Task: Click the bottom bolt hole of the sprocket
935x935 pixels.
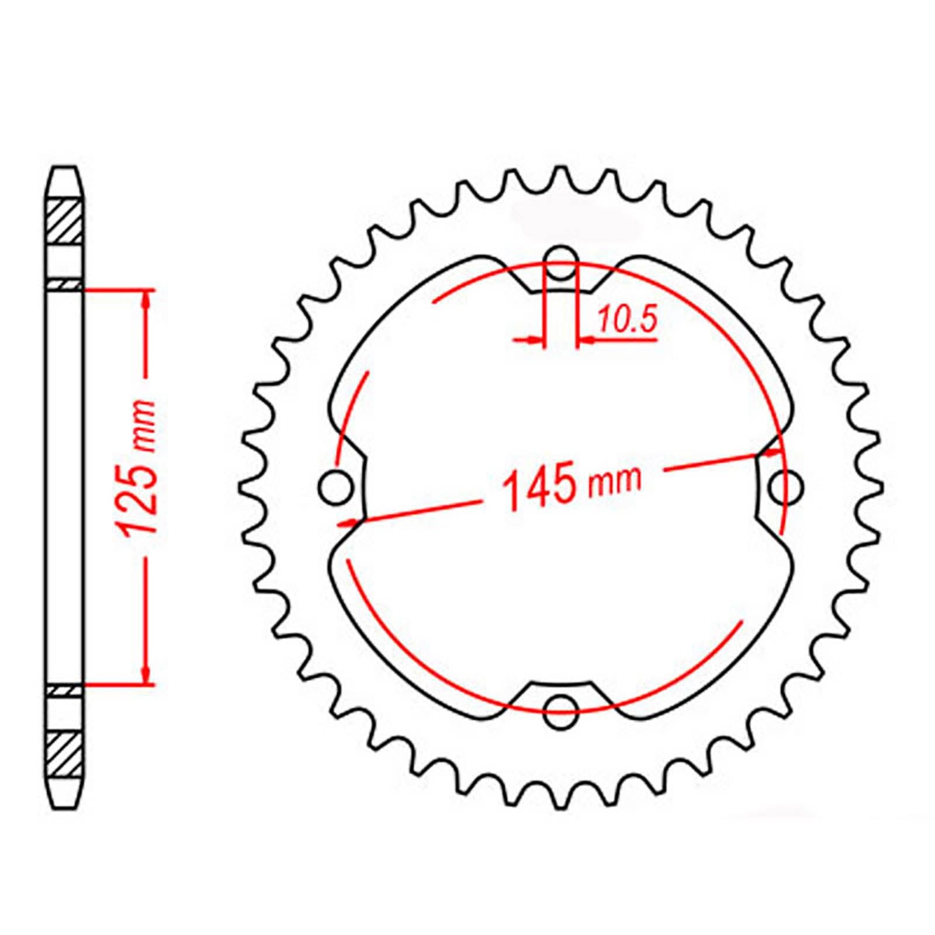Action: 560,711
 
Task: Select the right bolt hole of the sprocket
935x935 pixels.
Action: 786,486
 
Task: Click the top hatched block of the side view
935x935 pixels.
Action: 64,221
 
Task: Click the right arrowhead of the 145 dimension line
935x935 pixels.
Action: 773,452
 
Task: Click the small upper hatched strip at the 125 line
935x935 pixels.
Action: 64,285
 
